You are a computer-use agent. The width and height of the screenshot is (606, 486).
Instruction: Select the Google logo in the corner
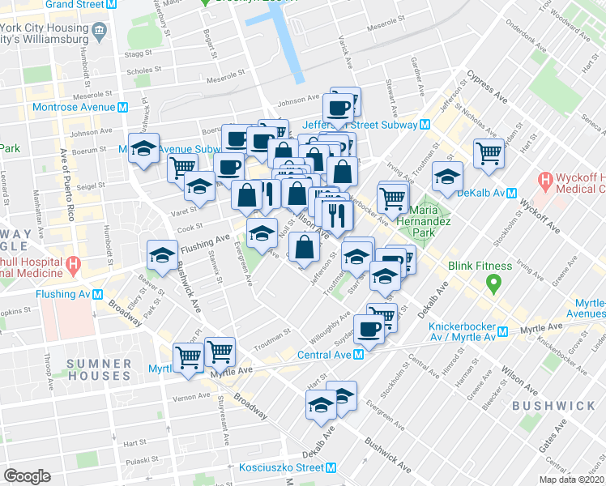tap(27, 476)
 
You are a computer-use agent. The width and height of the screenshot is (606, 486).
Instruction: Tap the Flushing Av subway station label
tap(61, 294)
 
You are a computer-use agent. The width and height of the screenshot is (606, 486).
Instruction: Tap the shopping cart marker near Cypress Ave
tap(489, 152)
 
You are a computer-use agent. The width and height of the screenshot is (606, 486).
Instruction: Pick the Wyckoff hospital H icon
tap(545, 180)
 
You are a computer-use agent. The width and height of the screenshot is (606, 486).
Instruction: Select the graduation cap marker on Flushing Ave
tap(163, 255)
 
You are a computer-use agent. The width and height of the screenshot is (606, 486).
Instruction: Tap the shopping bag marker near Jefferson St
tap(303, 247)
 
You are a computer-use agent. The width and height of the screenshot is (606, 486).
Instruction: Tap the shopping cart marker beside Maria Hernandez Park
tap(392, 196)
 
